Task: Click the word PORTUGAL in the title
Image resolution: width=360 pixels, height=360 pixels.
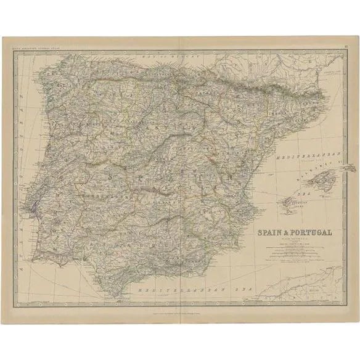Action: (308, 233)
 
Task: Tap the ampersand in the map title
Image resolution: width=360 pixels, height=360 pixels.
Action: (286, 233)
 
